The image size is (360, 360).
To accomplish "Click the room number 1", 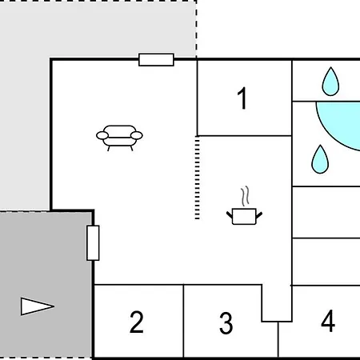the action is click(242, 98).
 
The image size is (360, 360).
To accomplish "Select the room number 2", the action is click(137, 322).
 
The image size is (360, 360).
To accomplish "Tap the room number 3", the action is click(226, 323).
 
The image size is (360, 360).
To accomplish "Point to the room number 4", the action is click(328, 321).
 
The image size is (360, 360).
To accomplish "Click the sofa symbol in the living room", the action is click(119, 138).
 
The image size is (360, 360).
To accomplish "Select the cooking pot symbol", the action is click(244, 216).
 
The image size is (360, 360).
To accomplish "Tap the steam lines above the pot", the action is click(246, 196).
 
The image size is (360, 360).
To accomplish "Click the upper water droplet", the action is click(330, 82).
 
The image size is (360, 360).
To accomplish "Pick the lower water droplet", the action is click(320, 159).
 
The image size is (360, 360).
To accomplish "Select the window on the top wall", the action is click(156, 59).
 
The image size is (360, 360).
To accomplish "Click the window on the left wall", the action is click(93, 243).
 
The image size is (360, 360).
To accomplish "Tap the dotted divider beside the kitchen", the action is click(198, 178).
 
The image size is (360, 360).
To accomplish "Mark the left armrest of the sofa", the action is click(102, 135).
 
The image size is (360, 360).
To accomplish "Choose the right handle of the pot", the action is click(259, 215).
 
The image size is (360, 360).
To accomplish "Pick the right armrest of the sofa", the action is click(137, 135).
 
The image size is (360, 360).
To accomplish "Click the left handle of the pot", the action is click(230, 215).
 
